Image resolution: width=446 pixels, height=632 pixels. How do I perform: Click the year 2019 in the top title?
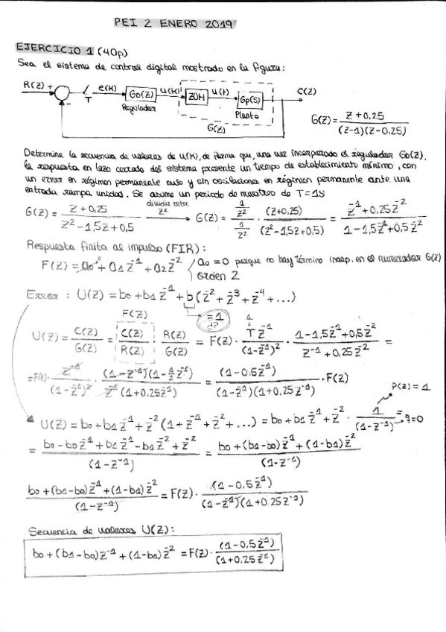(x=214, y=24)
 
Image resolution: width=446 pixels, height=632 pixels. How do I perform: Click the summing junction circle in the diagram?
(x=65, y=92)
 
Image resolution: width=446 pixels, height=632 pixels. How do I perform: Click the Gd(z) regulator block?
(x=140, y=94)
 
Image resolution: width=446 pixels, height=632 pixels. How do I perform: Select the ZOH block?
(x=197, y=95)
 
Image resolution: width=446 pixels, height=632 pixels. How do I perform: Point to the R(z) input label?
(x=33, y=84)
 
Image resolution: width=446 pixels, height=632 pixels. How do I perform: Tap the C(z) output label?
(x=307, y=92)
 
